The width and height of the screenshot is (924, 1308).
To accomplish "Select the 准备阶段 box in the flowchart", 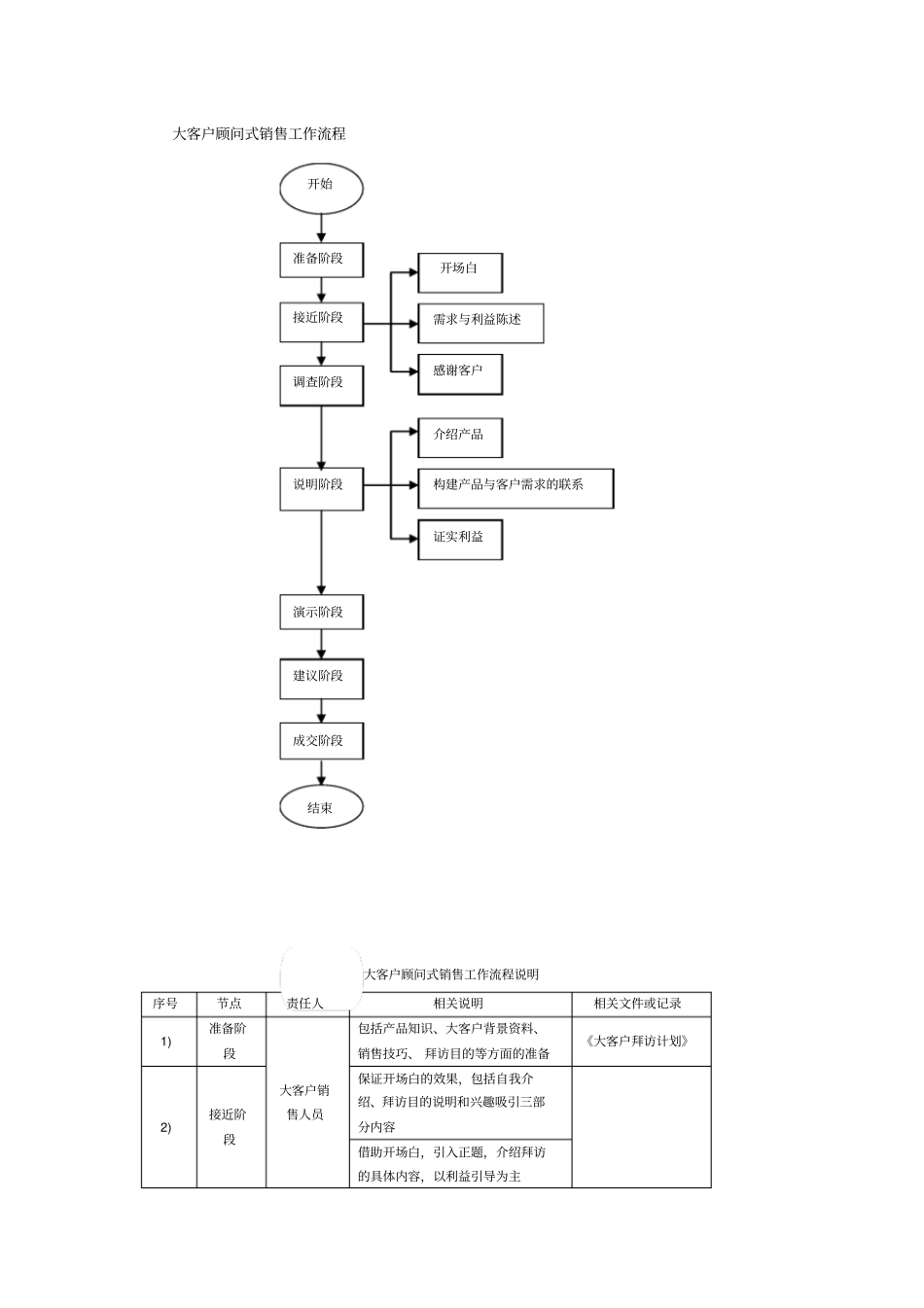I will [x=321, y=260].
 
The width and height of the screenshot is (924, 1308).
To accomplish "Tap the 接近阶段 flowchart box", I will [x=321, y=319].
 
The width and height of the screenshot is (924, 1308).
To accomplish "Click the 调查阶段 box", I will [x=321, y=383].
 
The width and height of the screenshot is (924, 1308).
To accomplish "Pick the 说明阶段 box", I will [x=321, y=485].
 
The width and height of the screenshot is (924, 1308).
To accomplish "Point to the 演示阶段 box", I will [x=321, y=613].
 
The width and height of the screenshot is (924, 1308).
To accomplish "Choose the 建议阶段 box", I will [x=321, y=676].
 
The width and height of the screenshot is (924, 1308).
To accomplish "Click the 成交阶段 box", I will [x=321, y=741].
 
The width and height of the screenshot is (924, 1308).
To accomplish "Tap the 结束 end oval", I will [x=321, y=807].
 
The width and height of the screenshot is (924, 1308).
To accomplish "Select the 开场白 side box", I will [x=460, y=270].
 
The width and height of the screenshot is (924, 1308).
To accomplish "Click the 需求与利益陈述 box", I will [x=480, y=322].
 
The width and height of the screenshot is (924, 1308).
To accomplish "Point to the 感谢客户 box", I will [x=460, y=372].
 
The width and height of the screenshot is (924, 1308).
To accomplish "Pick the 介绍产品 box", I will [x=460, y=437].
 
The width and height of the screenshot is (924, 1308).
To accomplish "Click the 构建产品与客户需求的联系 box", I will [x=515, y=486].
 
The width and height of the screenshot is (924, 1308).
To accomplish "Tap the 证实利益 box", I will [x=460, y=538].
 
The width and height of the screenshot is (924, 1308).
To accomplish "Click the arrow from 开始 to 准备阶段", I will [x=322, y=228].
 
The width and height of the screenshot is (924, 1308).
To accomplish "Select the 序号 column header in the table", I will [x=168, y=1004].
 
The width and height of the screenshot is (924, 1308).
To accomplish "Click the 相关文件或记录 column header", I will [x=641, y=1004].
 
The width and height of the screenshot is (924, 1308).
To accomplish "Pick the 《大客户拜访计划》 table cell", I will [x=641, y=1042].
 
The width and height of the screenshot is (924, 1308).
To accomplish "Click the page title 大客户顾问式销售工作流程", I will [x=259, y=134].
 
